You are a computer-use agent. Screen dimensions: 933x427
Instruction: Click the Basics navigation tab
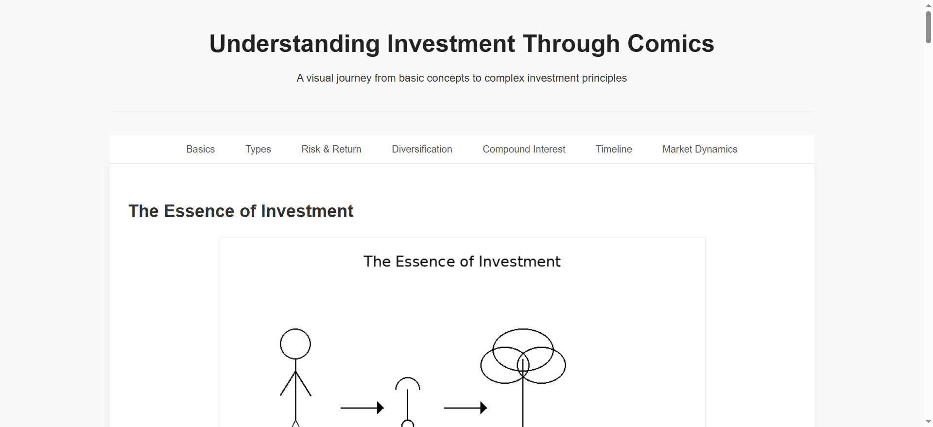point(200,149)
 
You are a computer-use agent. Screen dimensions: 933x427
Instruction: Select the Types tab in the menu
point(258,149)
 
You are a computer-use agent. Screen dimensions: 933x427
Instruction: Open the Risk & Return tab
point(331,149)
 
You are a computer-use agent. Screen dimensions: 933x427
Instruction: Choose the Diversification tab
point(422,149)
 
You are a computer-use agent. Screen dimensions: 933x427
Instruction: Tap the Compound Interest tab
point(524,149)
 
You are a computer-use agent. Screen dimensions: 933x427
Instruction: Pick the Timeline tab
point(614,149)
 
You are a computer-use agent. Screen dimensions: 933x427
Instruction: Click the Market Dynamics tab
point(700,149)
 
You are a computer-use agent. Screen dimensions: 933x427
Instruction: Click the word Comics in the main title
point(671,44)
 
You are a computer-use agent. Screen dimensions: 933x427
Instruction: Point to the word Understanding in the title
point(294,44)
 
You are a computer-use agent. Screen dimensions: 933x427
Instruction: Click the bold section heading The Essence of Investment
point(241,211)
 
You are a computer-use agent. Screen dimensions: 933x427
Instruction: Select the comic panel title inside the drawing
point(462,261)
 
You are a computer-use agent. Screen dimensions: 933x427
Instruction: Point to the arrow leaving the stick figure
point(362,408)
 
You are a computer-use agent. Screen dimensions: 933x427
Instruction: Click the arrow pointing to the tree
point(466,408)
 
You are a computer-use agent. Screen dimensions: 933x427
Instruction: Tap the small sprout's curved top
point(408,378)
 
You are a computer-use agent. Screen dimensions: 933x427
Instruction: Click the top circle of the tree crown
point(523,329)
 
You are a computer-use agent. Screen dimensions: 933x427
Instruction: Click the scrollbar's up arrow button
point(928,5)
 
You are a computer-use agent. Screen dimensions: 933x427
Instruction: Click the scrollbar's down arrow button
point(928,422)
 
